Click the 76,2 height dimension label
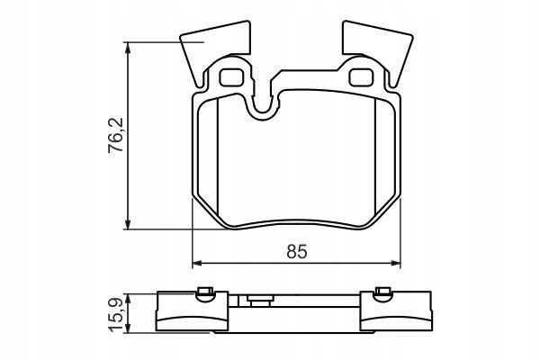[x=116, y=135]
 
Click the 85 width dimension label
[x=296, y=251]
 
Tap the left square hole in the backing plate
[x=231, y=77]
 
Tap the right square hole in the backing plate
[x=361, y=77]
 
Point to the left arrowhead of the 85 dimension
[x=196, y=264]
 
